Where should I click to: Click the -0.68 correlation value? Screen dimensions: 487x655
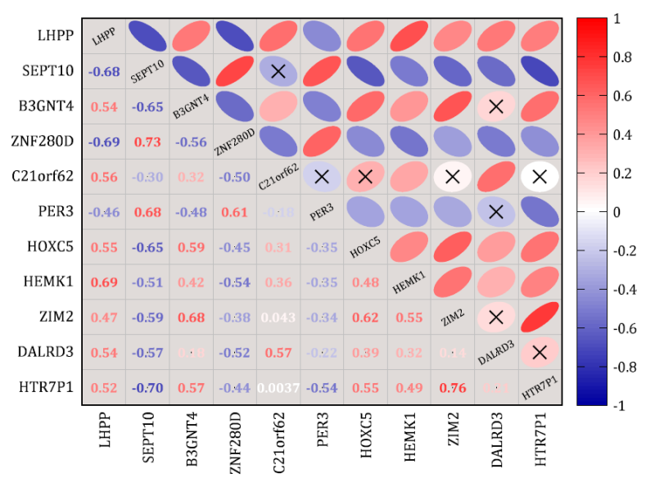coord(104,71)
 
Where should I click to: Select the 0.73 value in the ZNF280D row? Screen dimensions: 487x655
coord(147,142)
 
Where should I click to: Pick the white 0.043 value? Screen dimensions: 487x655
coord(278,317)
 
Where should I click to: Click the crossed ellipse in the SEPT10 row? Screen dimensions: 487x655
coord(278,71)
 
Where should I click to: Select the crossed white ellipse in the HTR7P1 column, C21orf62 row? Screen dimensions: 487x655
coord(539,176)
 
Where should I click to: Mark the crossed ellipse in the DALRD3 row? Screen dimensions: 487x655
coord(539,352)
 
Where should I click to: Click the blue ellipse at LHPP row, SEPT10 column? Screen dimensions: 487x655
coord(147,36)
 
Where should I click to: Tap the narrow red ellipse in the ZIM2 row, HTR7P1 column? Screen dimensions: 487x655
coord(539,317)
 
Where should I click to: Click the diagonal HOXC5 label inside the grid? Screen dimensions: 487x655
coord(364,247)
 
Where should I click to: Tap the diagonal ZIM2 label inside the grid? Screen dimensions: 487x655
coord(452,318)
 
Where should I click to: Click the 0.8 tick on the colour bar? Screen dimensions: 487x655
coord(621,57)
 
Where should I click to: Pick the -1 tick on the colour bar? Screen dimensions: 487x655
coord(619,405)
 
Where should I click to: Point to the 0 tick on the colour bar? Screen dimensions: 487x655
coord(617,211)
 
